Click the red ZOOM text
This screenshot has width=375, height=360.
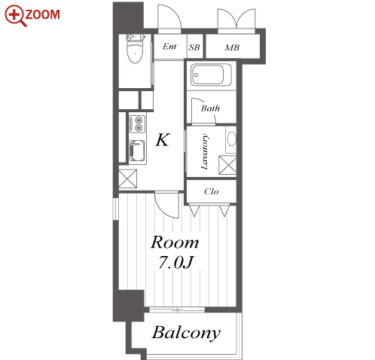tap(43, 14)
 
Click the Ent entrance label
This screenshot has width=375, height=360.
tap(169, 47)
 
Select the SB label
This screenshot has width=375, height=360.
tap(194, 47)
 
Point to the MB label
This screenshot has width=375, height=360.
tap(232, 47)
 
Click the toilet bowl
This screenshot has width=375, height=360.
tap(135, 51)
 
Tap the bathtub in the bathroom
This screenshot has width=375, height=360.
tap(211, 75)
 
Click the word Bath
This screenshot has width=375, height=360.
tap(210, 108)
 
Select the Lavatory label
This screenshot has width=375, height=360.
tap(205, 152)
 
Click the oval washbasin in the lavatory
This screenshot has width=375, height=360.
tap(232, 139)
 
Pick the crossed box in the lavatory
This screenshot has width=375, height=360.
tap(227, 165)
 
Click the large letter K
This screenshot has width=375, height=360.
tap(163, 140)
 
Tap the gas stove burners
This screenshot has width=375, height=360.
tap(138, 124)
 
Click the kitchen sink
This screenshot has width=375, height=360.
tap(137, 151)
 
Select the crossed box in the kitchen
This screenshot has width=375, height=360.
tap(128, 178)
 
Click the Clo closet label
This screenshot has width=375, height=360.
tap(212, 191)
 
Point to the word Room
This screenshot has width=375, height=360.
tap(175, 243)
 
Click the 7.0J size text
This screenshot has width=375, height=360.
tap(176, 263)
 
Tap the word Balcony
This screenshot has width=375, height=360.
tap(186, 333)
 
